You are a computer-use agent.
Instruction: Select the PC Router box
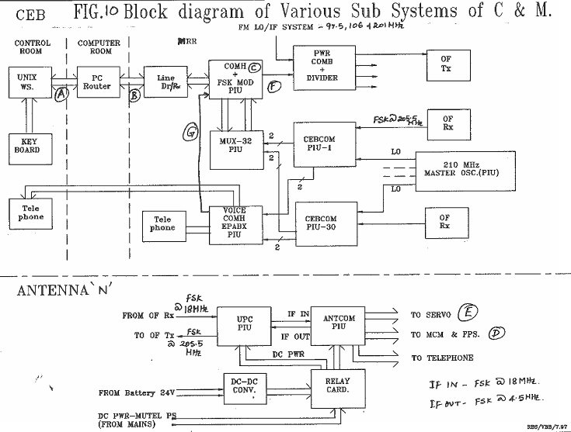point(97,81)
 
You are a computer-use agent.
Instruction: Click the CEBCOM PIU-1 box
point(325,143)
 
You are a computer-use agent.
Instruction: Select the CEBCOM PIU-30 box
point(324,224)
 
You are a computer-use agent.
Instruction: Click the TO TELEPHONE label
point(443,358)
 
